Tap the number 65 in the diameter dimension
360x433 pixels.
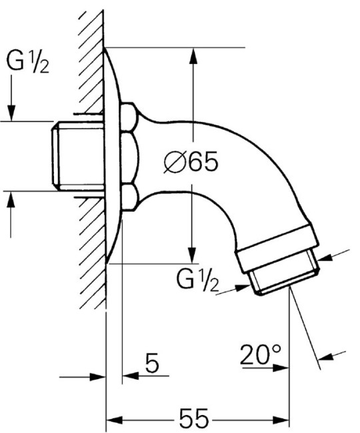click(203, 162)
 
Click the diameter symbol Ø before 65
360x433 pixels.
click(175, 162)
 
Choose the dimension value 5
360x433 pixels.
click(152, 364)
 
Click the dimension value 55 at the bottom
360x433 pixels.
click(194, 420)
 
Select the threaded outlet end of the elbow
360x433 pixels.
click(285, 276)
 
